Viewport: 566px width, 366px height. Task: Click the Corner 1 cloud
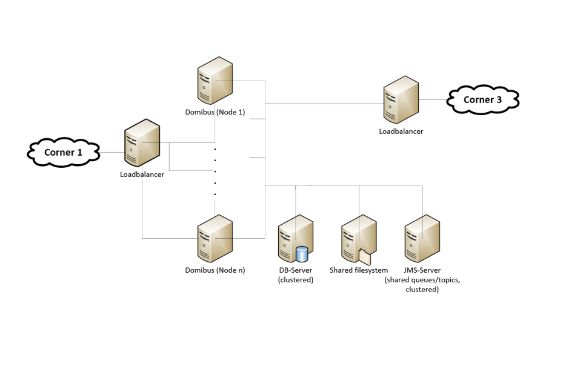click(x=63, y=152)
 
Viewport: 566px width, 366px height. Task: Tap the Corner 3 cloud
click(x=482, y=99)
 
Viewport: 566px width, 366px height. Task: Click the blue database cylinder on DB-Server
click(x=302, y=255)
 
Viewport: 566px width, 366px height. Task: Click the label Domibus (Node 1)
click(x=215, y=112)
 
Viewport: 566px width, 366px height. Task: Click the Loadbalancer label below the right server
click(x=401, y=131)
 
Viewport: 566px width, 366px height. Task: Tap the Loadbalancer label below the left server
click(x=142, y=175)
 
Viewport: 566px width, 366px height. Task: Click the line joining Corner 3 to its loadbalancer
click(x=433, y=99)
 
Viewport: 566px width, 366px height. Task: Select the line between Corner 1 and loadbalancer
click(x=111, y=151)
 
